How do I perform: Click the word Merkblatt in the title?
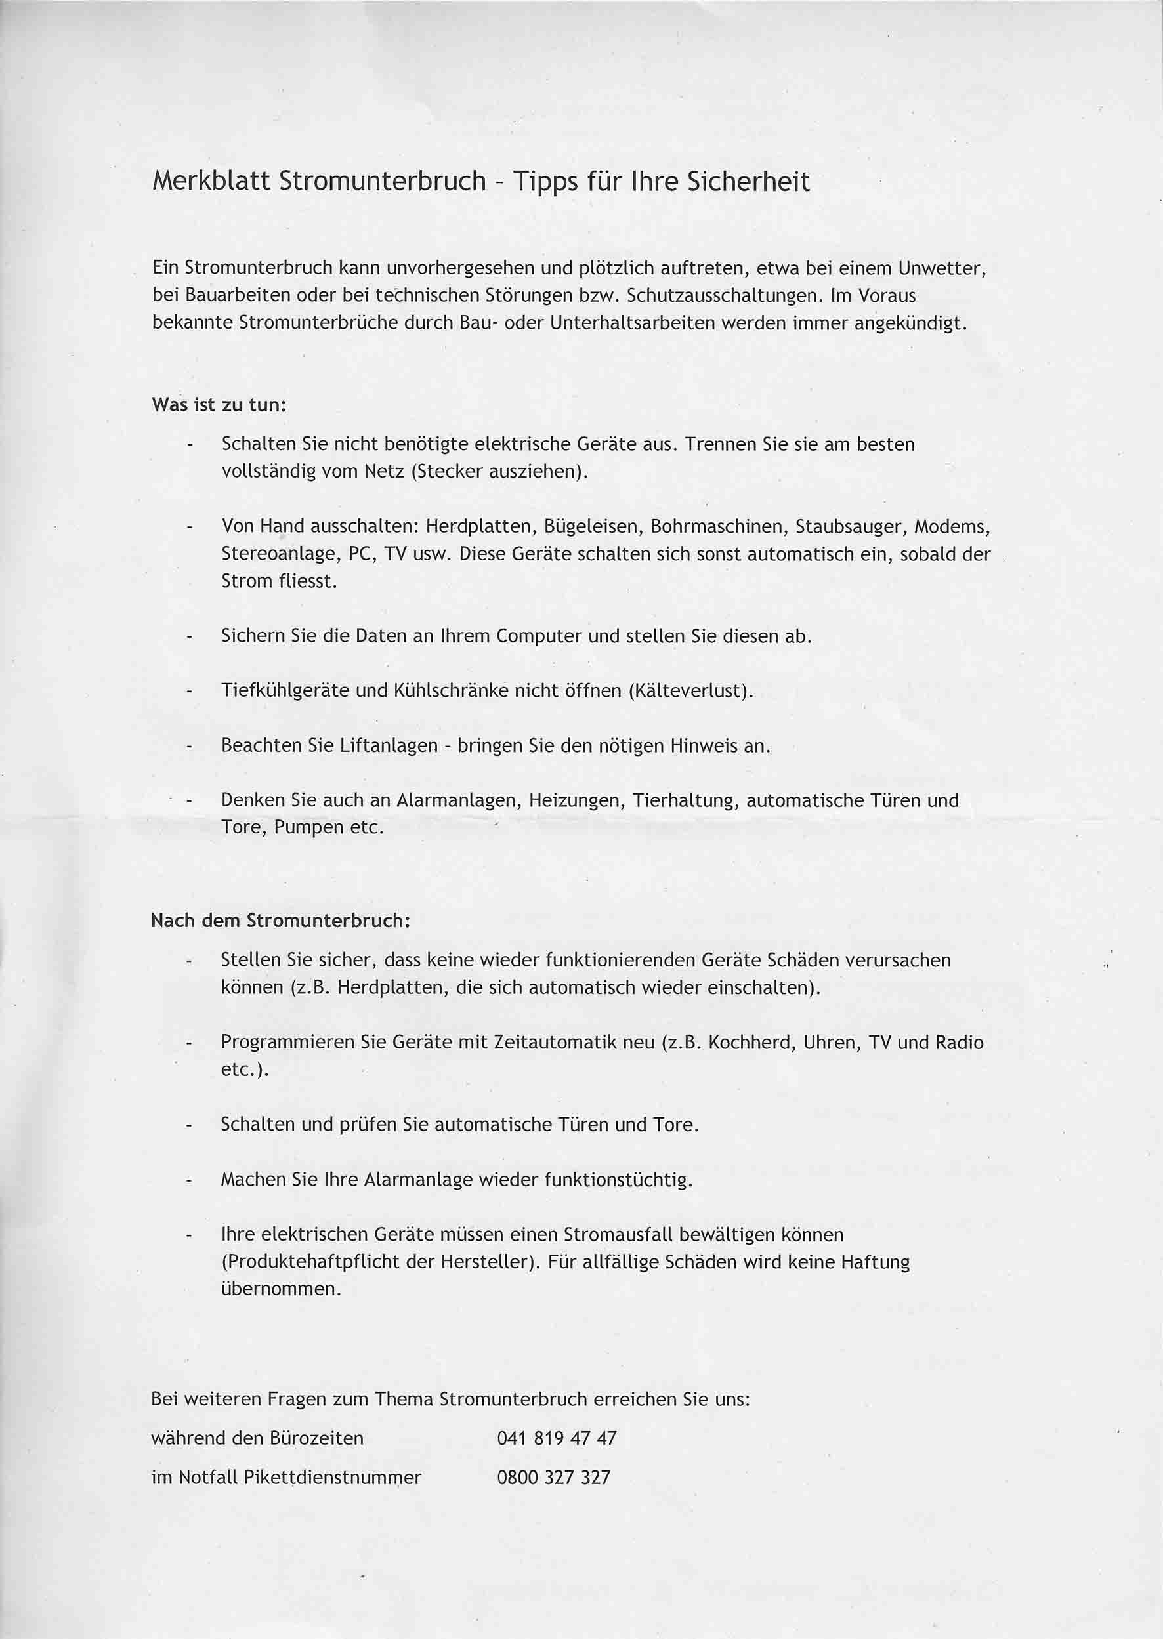211,182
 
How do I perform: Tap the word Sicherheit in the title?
748,182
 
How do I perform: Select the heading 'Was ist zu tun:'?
219,405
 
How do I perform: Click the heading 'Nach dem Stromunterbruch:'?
281,921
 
